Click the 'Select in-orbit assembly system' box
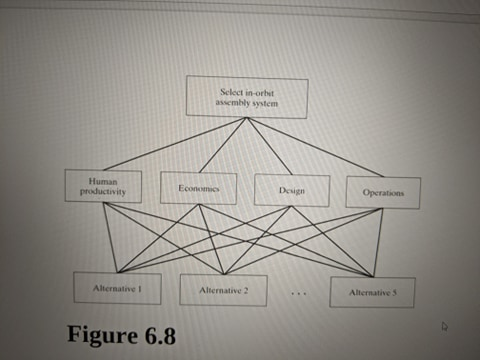[x=247, y=98]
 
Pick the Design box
[x=292, y=190]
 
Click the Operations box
[x=382, y=192]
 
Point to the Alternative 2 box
[x=223, y=290]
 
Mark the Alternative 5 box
[x=372, y=292]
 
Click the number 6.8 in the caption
[x=158, y=334]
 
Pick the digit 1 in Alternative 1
[x=140, y=288]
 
